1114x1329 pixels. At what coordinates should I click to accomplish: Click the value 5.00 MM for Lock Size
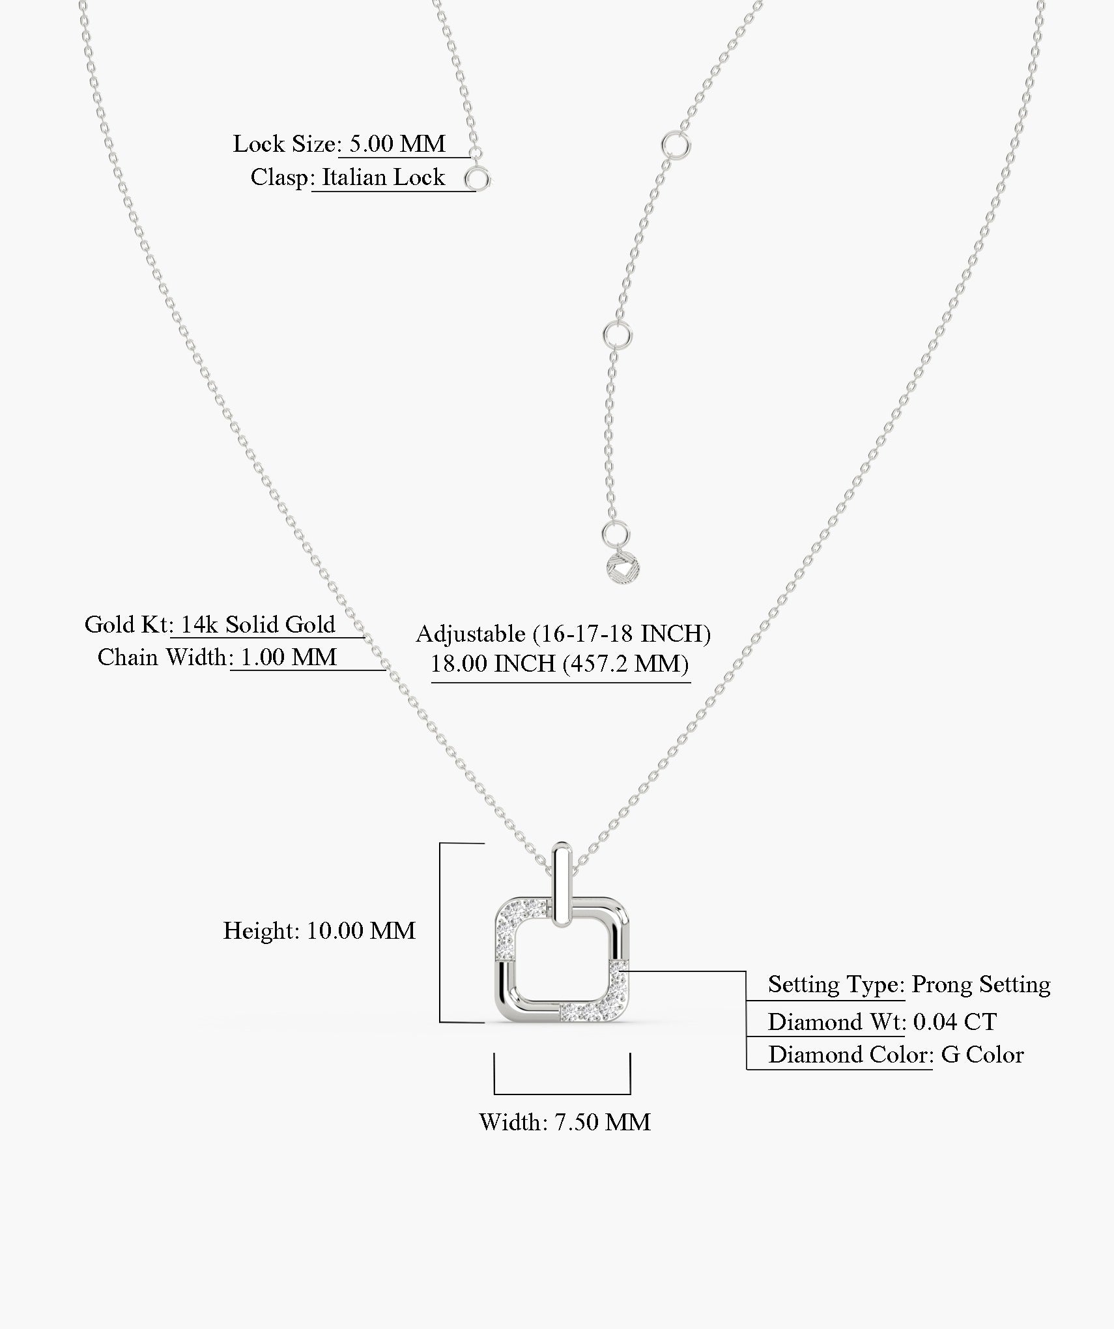point(397,144)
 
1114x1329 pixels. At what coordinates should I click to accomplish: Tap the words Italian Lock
point(383,177)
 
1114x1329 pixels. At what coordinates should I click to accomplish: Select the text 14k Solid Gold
point(257,625)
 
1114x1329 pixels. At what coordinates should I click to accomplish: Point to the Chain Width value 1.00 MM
point(289,657)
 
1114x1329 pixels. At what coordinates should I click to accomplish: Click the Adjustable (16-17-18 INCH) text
point(563,634)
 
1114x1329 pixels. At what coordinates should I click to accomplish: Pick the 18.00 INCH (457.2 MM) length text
point(560,664)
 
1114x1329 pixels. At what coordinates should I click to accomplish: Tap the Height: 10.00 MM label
point(319,931)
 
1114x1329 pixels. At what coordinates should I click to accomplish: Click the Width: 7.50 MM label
point(565,1122)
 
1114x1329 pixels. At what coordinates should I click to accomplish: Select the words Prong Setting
point(980,984)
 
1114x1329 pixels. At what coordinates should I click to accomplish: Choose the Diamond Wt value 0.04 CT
point(955,1022)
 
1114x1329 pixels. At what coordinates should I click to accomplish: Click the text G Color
point(982,1055)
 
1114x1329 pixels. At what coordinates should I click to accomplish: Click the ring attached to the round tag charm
point(615,534)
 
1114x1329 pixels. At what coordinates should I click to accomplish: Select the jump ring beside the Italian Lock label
point(477,178)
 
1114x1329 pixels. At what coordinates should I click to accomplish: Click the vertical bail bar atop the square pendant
point(562,885)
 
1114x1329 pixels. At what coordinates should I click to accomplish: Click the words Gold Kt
point(126,625)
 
